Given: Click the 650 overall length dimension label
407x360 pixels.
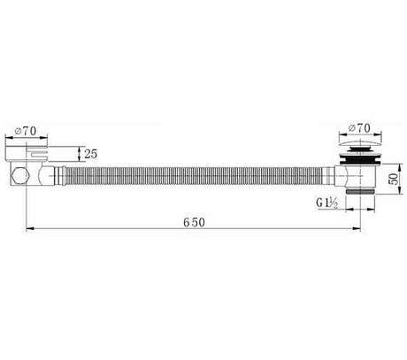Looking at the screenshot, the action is (194, 222).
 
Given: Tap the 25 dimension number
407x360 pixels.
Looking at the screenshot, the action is (91, 154).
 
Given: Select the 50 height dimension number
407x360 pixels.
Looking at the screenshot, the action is (393, 179).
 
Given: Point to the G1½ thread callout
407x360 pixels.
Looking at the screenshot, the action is (327, 203).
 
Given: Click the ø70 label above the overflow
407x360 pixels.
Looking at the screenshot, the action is (26, 131).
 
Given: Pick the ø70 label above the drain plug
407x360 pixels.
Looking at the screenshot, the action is (359, 128).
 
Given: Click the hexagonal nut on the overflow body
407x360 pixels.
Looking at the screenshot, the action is (20, 176).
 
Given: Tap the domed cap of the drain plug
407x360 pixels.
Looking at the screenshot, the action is (359, 144).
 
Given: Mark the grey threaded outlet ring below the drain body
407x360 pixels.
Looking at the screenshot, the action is (360, 192).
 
